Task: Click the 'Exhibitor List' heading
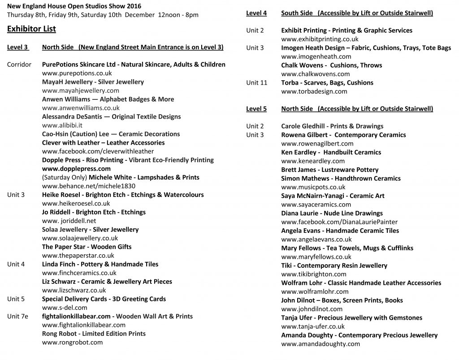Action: coord(31,30)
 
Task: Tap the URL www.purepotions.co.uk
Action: coord(77,73)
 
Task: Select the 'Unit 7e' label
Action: coord(17,316)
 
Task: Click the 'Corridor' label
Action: coord(19,64)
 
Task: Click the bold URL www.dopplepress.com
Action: coord(76,169)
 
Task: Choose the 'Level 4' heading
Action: coord(256,13)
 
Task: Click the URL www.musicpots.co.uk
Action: coord(313,187)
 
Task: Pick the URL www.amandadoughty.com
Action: coord(320,344)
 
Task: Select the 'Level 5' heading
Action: coord(256,109)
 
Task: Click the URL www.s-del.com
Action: coord(65,308)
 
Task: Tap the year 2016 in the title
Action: coord(133,6)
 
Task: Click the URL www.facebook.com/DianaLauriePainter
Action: coord(339,222)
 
